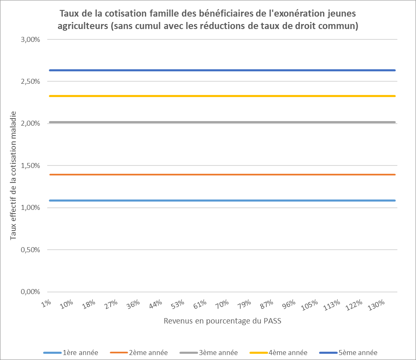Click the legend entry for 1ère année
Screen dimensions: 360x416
(x=71, y=353)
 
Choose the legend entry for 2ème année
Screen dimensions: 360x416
(x=139, y=353)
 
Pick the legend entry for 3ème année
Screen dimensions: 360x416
(x=209, y=353)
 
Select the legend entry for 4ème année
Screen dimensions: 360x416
(x=279, y=353)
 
